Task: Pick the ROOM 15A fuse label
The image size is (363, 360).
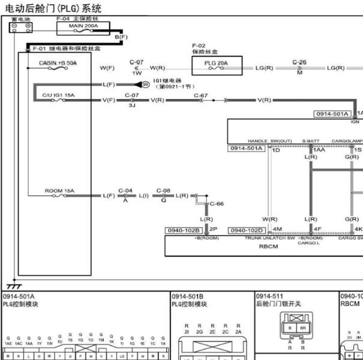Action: pos(59,191)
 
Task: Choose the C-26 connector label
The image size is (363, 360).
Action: pos(299,62)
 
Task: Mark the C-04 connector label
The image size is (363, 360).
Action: pos(125,191)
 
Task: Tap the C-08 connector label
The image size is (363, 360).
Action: pos(163,191)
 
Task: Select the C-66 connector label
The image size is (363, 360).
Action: pos(217,203)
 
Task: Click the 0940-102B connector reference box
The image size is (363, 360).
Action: pos(185,229)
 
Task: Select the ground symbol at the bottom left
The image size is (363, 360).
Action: pos(10,286)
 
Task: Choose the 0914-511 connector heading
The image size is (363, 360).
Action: pos(269,296)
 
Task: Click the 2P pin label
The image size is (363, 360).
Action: pos(213,229)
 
